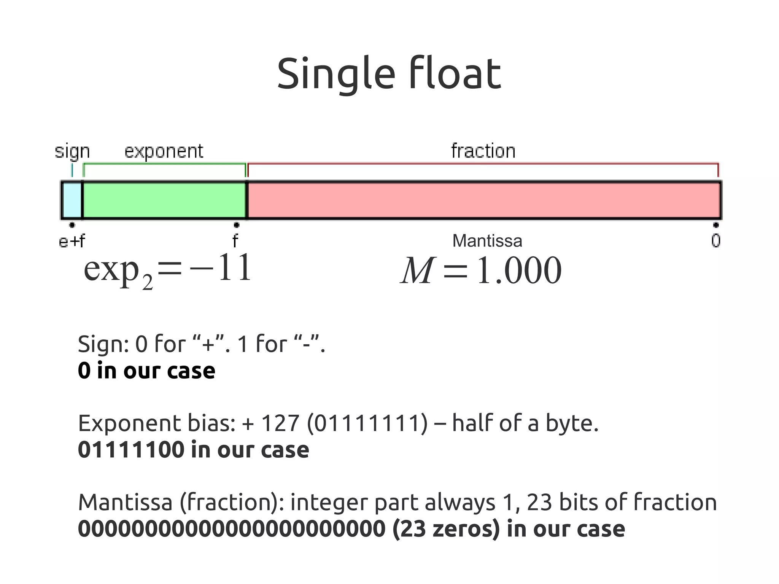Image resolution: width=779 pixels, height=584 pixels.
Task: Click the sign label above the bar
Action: [72, 151]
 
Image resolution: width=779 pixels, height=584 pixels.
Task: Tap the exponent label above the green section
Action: [164, 151]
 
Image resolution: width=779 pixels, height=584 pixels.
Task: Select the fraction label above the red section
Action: [483, 151]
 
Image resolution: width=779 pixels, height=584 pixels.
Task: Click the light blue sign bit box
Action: [72, 200]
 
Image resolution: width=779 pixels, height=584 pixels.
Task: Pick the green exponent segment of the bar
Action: [164, 200]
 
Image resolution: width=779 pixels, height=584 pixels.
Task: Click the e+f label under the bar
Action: [72, 241]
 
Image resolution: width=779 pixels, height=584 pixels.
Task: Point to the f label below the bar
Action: [235, 241]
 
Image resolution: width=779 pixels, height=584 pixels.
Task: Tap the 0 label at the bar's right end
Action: [715, 241]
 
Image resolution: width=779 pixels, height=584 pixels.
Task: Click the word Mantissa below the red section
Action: [487, 241]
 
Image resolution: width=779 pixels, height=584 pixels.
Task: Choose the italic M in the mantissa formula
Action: [417, 271]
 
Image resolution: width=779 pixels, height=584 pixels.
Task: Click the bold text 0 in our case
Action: [146, 371]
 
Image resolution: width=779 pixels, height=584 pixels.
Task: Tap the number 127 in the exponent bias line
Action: [280, 423]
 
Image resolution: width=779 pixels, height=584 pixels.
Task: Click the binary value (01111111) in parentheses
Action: [367, 423]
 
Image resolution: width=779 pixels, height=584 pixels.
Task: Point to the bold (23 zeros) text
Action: [446, 529]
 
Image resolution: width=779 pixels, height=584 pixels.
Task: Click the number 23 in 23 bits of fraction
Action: [539, 502]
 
